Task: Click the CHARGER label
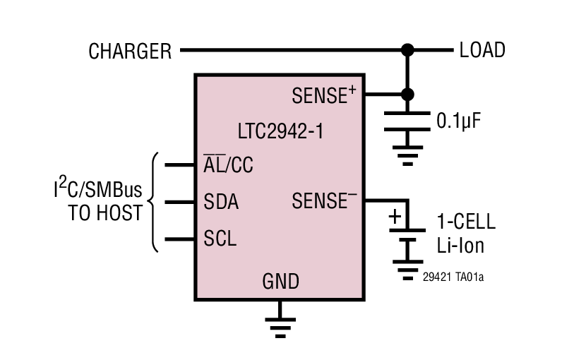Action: pos(130,51)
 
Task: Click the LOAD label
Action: pos(482,50)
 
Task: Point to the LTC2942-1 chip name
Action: pos(281,131)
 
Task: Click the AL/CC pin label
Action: pos(228,165)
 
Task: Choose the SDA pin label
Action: pos(220,203)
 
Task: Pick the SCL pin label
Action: pos(220,239)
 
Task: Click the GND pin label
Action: pos(280,282)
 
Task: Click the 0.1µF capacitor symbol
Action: pos(407,121)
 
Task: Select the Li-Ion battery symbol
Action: pos(407,236)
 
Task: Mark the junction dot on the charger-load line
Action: pos(407,50)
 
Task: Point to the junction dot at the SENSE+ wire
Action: pos(407,94)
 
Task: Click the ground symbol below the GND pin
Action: pos(280,322)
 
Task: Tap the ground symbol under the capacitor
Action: pos(407,155)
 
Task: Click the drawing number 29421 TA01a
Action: pos(453,277)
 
